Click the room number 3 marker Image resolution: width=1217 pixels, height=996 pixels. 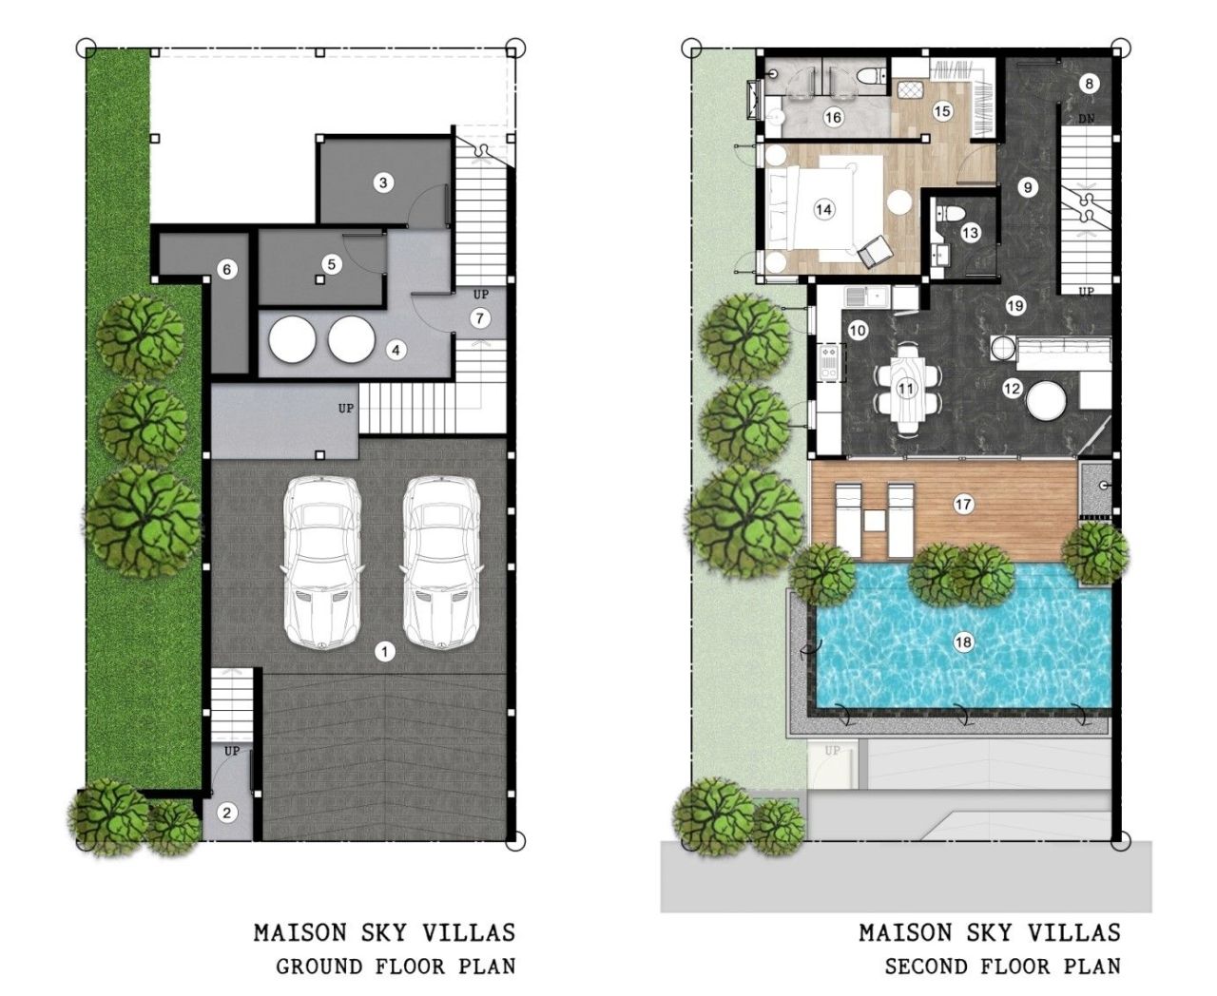point(383,182)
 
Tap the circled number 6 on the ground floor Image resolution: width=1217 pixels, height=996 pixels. point(226,270)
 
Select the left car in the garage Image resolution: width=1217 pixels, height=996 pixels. point(321,561)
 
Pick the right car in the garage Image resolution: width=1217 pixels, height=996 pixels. point(439,561)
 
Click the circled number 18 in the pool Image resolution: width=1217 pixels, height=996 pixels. point(963,642)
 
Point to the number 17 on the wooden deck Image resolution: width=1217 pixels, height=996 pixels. point(963,505)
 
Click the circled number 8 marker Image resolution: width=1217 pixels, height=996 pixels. point(1090,84)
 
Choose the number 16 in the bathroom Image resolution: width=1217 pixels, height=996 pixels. point(833,118)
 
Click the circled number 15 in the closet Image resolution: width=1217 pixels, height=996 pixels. point(941,111)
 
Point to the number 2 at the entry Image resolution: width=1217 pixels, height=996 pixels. point(226,813)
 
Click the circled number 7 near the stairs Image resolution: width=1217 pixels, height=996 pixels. point(480,318)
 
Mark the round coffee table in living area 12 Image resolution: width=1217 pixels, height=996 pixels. point(1046,403)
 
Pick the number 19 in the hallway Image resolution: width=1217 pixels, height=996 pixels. point(1015,306)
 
